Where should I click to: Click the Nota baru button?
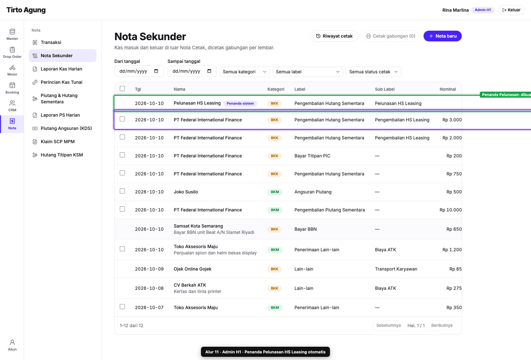tap(442, 36)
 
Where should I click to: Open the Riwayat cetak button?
tap(334, 36)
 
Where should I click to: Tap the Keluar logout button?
tap(511, 10)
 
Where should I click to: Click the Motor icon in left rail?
tap(12, 70)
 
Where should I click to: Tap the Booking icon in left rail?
tap(12, 88)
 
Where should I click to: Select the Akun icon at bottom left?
tap(12, 345)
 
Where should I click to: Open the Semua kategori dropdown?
tap(244, 72)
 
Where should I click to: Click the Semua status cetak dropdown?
tap(373, 72)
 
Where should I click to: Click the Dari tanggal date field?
tap(139, 71)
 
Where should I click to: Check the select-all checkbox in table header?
tap(122, 88)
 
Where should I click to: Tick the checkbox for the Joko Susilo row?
tap(122, 191)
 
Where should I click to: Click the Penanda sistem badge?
tap(240, 103)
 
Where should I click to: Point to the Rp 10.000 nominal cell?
tap(450, 210)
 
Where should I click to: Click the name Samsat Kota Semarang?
tap(198, 226)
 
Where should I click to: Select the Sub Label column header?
tap(384, 89)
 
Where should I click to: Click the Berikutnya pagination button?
tap(442, 326)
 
